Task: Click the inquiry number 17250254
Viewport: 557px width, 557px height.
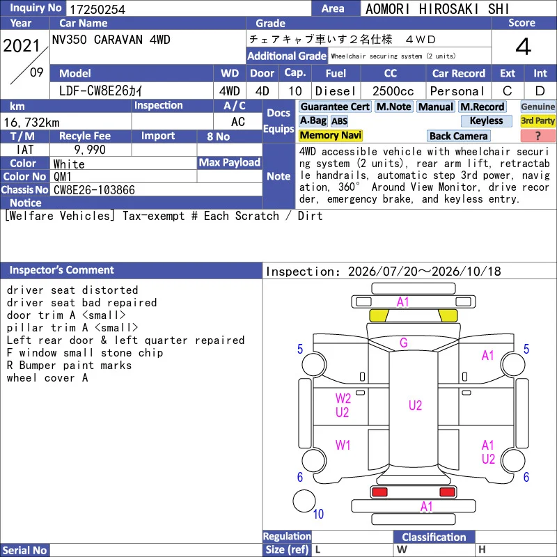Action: coord(97,9)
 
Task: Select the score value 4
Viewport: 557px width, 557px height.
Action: coord(524,47)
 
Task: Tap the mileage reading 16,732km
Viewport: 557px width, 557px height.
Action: coord(31,123)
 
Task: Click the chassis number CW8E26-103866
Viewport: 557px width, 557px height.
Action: coord(94,190)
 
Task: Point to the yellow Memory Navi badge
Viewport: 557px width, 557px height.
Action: coord(330,135)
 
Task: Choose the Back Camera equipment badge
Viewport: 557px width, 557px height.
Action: coord(458,136)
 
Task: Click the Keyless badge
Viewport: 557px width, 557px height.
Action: coord(486,120)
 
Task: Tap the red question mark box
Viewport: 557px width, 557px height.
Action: coord(538,136)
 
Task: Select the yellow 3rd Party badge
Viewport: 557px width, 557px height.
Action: coord(538,120)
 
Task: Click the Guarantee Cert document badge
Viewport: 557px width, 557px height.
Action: coord(335,107)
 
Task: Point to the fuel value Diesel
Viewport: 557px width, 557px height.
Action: coord(336,91)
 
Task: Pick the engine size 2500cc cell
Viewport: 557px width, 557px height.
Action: coord(393,91)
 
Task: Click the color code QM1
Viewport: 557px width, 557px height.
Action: coord(63,177)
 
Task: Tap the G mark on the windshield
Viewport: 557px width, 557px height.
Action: coord(404,343)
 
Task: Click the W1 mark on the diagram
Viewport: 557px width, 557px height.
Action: coord(343,445)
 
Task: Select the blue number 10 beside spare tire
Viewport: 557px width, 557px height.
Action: coord(318,514)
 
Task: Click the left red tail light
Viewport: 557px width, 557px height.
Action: coord(379,492)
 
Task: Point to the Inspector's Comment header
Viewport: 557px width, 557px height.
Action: coord(61,270)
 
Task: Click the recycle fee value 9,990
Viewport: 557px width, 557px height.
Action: coord(90,150)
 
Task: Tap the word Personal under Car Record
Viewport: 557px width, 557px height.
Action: coord(457,91)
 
